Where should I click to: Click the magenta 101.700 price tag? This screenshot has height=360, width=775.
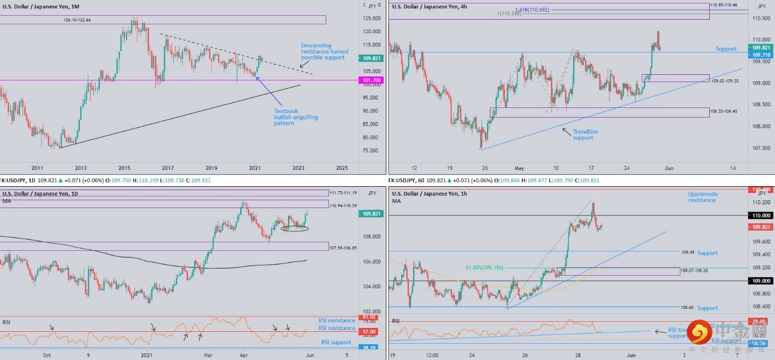pos(370,80)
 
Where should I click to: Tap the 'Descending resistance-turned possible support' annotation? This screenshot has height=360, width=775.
pos(322,51)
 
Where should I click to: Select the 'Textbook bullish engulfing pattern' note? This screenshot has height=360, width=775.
pos(295,117)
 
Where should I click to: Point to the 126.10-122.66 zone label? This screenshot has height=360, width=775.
pos(77,20)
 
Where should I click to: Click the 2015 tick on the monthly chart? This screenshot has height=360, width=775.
pos(124,168)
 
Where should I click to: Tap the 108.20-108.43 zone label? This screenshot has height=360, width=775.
pos(724,112)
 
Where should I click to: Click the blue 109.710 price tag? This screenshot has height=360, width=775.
pos(762,56)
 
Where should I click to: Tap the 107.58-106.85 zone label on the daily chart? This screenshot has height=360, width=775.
pos(342,247)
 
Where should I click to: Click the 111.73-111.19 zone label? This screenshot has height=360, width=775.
pos(342,192)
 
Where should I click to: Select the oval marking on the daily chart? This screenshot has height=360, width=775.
pos(295,228)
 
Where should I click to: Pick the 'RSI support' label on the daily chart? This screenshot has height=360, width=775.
pos(336,342)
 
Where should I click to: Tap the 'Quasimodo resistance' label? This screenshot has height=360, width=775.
pos(702,197)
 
